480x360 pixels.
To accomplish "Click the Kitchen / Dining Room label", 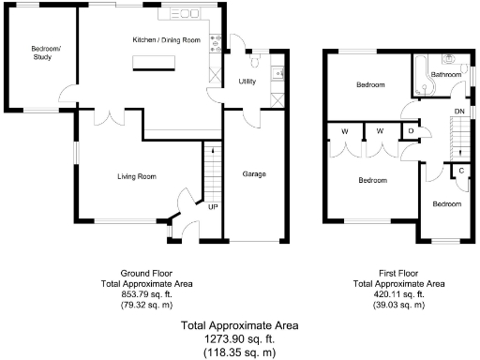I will pyautogui.click(x=167, y=40).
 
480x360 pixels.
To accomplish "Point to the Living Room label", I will pyautogui.click(x=136, y=176).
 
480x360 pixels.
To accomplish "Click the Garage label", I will pyautogui.click(x=253, y=174).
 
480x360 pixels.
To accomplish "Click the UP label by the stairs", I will pyautogui.click(x=213, y=205).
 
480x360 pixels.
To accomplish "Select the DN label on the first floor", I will pyautogui.click(x=458, y=112).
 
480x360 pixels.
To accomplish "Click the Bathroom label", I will pyautogui.click(x=445, y=74).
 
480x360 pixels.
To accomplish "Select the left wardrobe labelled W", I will pyautogui.click(x=346, y=131).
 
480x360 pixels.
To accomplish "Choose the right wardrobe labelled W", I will pyautogui.click(x=380, y=131).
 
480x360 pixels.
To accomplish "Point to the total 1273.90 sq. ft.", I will pyautogui.click(x=239, y=339).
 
